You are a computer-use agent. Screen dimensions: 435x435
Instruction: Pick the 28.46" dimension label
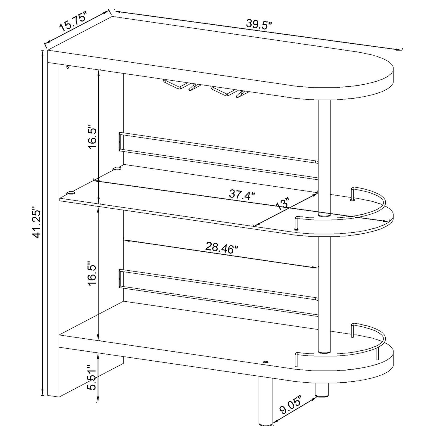tap(222, 248)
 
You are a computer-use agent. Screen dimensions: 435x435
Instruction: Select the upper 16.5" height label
tap(92, 138)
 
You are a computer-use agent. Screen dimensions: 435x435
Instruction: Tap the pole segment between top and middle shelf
tap(324, 157)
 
